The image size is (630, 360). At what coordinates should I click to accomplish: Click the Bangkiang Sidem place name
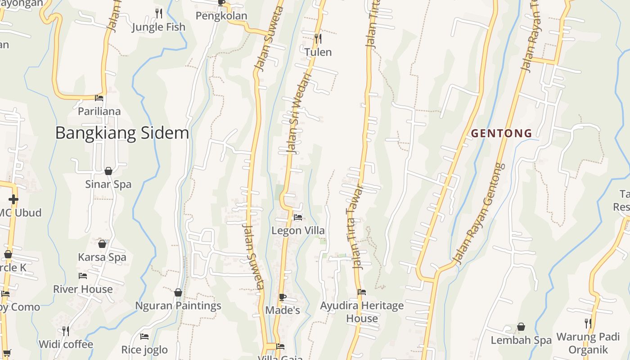tap(122, 133)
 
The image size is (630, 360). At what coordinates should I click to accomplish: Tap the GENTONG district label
tap(501, 134)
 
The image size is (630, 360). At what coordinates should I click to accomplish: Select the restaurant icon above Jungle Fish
tap(158, 13)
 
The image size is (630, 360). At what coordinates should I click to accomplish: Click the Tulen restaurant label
tap(318, 52)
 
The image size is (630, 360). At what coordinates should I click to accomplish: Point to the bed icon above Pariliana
tap(99, 98)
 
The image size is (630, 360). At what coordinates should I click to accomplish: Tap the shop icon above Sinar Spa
tap(108, 171)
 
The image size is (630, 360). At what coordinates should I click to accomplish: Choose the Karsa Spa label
tap(102, 257)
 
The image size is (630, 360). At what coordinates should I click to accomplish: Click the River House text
tap(83, 289)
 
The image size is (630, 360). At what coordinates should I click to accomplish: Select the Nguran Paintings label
tap(178, 306)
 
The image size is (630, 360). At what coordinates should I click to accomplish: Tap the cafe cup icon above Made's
tap(282, 297)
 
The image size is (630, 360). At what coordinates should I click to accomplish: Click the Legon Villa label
tap(298, 230)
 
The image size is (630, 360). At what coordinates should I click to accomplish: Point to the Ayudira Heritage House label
tap(362, 312)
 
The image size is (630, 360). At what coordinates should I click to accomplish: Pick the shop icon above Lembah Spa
tap(521, 327)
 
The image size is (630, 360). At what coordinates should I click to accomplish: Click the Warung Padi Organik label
tap(588, 343)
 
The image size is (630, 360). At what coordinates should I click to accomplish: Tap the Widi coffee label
tap(66, 345)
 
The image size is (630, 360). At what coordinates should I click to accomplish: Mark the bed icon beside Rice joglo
tap(144, 337)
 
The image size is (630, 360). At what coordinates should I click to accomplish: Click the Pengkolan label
tap(221, 16)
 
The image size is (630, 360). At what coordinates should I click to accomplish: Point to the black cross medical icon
tap(13, 199)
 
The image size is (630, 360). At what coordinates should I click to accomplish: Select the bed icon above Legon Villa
tap(297, 217)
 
